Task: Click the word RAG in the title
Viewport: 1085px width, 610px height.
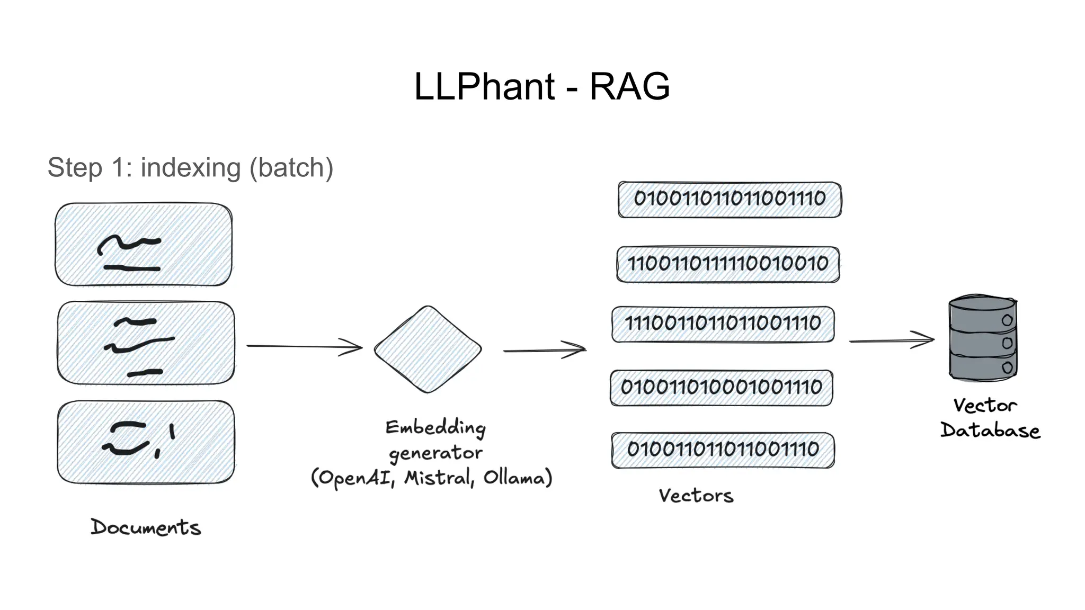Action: pos(629,86)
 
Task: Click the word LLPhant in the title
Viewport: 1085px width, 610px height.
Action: pos(484,86)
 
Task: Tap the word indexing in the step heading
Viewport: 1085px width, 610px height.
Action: pos(190,168)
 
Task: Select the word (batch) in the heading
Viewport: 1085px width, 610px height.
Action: pos(291,168)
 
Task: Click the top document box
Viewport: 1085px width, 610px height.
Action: pos(144,244)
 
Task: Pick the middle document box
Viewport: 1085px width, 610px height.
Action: pos(146,343)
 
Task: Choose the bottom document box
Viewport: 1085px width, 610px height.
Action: pos(146,442)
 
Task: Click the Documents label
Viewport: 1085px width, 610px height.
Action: pos(146,527)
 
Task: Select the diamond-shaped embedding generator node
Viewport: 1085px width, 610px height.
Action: pos(428,349)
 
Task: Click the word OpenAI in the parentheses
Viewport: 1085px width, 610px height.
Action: pos(355,478)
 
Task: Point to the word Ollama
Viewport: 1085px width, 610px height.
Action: pos(514,478)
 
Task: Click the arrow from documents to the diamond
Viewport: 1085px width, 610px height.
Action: pos(304,347)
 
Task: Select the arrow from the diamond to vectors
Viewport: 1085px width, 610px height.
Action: pos(544,350)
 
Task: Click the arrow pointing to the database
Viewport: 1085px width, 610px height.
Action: pos(891,340)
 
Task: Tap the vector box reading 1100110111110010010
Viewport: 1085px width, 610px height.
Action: pos(728,264)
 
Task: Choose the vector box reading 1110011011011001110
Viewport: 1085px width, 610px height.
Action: pos(723,324)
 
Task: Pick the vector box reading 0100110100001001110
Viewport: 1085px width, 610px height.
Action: pos(721,388)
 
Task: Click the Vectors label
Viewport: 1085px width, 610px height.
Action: pos(696,496)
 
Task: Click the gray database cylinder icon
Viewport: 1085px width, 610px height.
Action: pos(983,338)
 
